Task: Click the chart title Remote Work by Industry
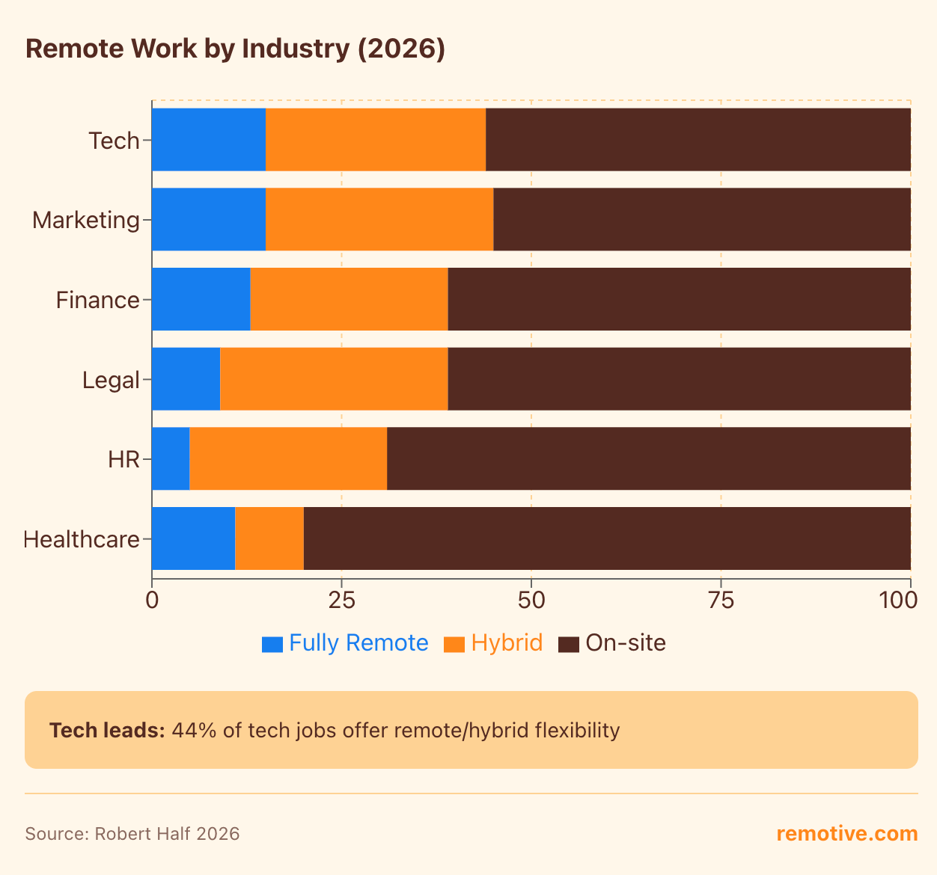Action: click(235, 49)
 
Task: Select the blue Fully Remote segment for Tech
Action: click(209, 140)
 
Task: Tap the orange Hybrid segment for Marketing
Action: click(379, 220)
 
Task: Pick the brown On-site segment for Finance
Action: click(679, 299)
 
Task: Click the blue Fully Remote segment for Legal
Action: click(186, 379)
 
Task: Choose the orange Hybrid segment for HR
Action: click(288, 458)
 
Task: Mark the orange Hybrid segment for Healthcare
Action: click(269, 538)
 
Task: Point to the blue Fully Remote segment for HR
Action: click(171, 458)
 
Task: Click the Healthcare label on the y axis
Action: click(82, 539)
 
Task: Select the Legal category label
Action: click(111, 380)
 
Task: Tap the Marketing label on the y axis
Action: click(86, 221)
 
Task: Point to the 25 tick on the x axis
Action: click(341, 600)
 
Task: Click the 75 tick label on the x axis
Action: click(720, 600)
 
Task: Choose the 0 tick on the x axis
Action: click(152, 600)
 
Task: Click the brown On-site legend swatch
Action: click(569, 644)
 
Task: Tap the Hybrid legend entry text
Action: click(507, 643)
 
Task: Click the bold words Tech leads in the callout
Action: click(107, 730)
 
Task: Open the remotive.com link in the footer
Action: click(846, 834)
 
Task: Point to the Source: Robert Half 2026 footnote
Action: click(132, 834)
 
